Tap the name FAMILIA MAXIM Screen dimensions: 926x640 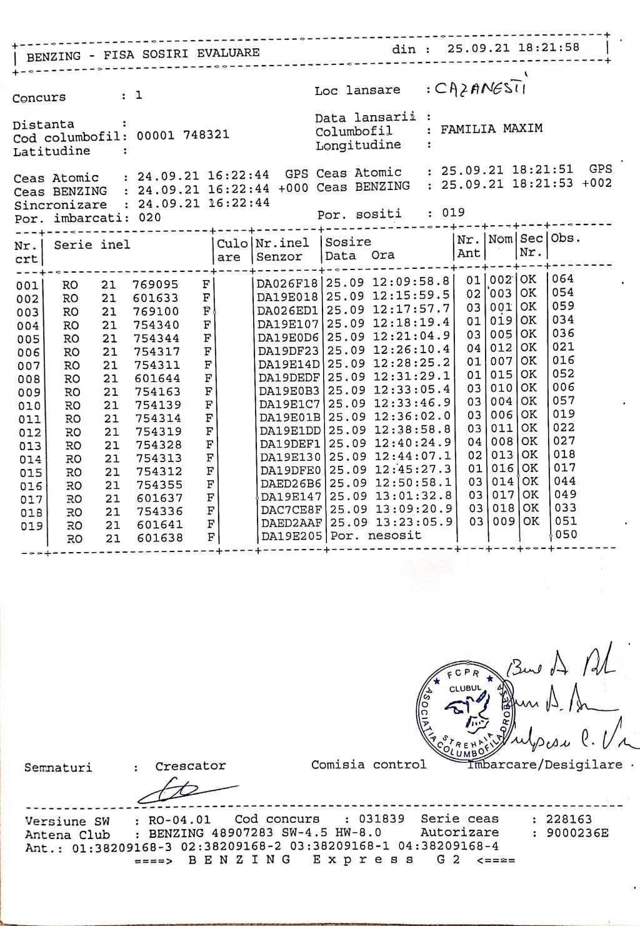click(x=491, y=129)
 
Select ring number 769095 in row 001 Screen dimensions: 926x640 click(x=155, y=284)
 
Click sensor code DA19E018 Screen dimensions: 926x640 click(x=287, y=297)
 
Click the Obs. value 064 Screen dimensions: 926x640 click(x=563, y=279)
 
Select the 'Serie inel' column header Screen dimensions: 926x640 click(x=92, y=245)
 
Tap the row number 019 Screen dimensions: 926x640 click(x=31, y=526)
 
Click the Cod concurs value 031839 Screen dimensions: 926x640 click(x=381, y=819)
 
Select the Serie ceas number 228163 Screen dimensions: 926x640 click(x=568, y=819)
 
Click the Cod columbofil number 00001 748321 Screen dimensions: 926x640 click(x=182, y=135)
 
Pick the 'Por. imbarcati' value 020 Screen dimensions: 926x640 click(x=150, y=218)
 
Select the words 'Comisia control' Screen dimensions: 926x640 click(x=369, y=765)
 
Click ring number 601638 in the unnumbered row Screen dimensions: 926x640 click(x=160, y=538)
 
